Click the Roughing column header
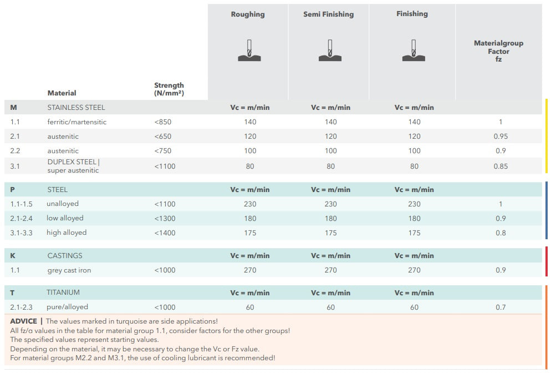click(x=248, y=14)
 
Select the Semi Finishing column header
click(x=328, y=14)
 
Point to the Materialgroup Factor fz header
click(x=498, y=51)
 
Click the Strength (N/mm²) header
click(x=169, y=89)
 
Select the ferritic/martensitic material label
click(x=77, y=122)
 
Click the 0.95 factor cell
click(x=501, y=136)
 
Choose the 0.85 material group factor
click(x=501, y=166)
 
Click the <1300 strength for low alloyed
click(x=165, y=218)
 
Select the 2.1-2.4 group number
click(x=22, y=218)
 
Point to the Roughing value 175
click(x=250, y=233)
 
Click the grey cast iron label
click(x=69, y=270)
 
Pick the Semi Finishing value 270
click(x=331, y=270)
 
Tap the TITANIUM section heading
click(x=63, y=292)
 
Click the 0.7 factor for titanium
click(x=501, y=307)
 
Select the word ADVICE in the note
click(x=23, y=321)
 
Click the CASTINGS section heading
click(x=65, y=255)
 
